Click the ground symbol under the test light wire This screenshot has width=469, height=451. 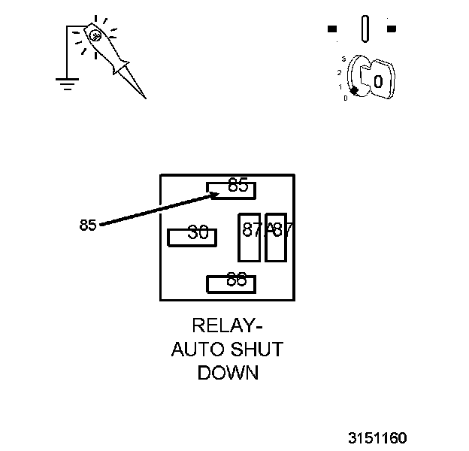68,82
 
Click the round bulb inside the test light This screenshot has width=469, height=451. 95,35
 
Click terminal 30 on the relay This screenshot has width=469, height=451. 192,237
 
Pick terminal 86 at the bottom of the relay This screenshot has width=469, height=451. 231,284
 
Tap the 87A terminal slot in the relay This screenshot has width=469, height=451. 249,238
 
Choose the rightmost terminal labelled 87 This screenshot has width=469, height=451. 276,238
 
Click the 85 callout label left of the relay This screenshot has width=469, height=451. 88,225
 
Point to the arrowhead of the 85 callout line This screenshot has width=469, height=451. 214,195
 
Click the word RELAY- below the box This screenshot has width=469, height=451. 227,325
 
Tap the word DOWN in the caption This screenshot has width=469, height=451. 227,373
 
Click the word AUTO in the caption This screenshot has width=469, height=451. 194,349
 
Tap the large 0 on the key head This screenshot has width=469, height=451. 378,80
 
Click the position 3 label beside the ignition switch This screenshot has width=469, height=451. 343,59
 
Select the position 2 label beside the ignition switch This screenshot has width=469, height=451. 340,72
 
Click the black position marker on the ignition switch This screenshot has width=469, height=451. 354,90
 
